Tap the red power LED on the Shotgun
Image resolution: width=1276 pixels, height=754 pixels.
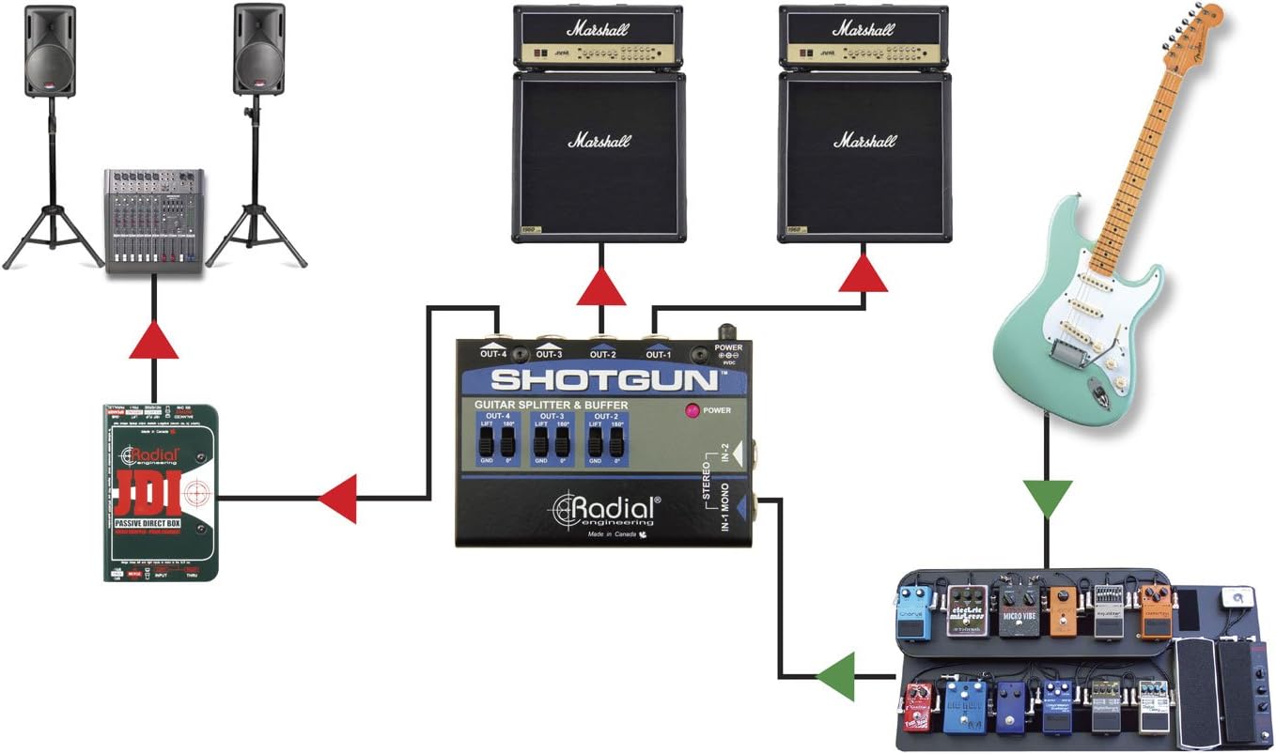[x=692, y=410]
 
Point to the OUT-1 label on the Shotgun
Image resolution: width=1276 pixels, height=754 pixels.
[x=658, y=354]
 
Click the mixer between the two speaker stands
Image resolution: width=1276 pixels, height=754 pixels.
[x=153, y=221]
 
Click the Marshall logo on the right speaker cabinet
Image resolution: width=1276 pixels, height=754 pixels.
[x=864, y=141]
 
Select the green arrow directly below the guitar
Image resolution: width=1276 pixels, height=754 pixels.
[x=1046, y=498]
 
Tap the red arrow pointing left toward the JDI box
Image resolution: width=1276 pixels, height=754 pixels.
[x=337, y=498]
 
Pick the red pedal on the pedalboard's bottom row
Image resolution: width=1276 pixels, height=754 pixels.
[x=916, y=707]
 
